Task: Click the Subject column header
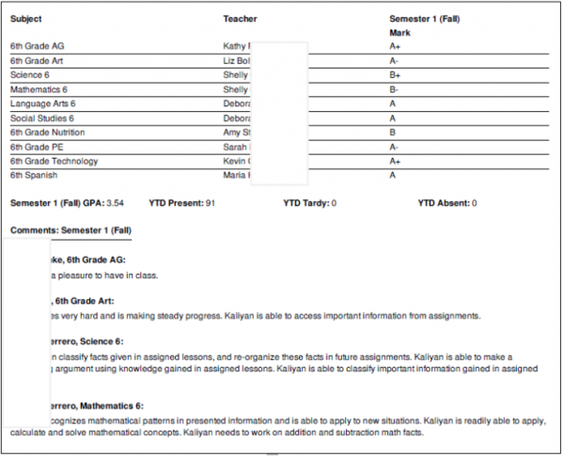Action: coord(26,19)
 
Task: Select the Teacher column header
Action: coord(240,19)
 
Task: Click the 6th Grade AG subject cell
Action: coord(37,46)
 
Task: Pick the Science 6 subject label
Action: coord(30,74)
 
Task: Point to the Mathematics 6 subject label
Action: coord(39,89)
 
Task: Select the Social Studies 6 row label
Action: coord(41,118)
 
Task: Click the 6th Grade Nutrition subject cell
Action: coord(48,133)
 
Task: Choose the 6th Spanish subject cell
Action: coord(33,175)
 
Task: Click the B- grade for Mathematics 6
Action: coord(395,89)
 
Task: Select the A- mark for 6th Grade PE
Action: coord(395,147)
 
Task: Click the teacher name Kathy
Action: coord(235,46)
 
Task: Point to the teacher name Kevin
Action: coord(235,161)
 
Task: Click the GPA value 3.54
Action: coord(115,203)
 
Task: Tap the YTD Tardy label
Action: coord(305,203)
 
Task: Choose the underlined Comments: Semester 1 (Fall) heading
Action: coord(70,230)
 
